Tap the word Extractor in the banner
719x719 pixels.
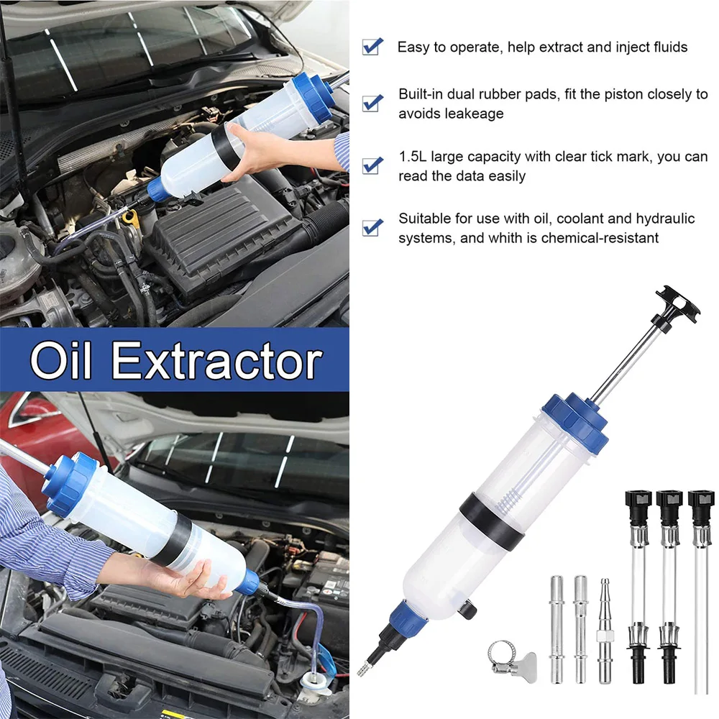[216, 361]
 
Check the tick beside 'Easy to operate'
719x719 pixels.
[372, 47]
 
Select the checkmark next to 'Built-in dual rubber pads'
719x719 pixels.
[372, 102]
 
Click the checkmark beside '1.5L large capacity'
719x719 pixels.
[372, 165]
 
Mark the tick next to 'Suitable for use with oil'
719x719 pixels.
[372, 226]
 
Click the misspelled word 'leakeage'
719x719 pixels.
[472, 114]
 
